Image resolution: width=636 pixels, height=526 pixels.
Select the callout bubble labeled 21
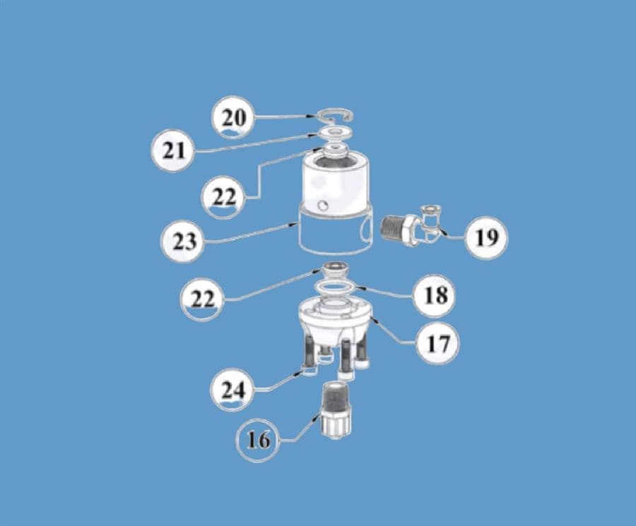174,150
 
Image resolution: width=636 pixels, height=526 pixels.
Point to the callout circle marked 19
485,237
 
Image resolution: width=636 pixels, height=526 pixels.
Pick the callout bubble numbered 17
436,343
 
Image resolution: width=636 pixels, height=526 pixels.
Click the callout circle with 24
234,390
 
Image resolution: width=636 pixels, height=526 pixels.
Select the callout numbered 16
258,440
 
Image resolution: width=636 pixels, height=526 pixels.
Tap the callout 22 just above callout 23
224,196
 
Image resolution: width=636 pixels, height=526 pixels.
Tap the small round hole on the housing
323,205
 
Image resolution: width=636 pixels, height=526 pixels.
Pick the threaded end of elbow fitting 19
393,229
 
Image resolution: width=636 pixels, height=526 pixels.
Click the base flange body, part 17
332,321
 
